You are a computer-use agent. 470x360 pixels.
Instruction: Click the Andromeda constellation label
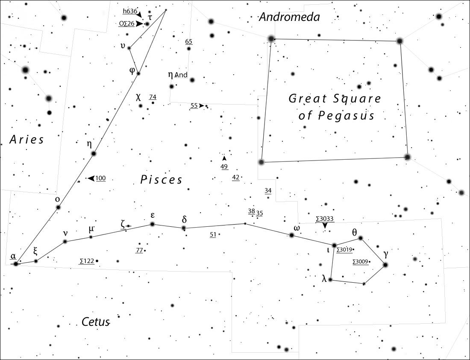pos(290,17)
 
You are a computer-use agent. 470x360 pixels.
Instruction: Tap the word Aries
pos(26,140)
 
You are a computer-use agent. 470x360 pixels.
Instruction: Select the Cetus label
pos(96,322)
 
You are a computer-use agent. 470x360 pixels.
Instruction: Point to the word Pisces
pos(161,180)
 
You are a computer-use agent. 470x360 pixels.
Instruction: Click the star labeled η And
pos(172,87)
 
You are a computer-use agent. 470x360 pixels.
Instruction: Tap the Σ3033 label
pos(325,219)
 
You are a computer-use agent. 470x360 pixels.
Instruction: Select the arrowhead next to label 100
pos(91,178)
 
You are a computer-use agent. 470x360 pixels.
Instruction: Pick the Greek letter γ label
pos(386,254)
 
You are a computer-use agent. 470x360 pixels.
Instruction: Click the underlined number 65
pos(188,41)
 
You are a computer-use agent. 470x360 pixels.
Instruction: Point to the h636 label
pos(130,11)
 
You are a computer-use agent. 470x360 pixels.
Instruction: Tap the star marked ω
pos(292,235)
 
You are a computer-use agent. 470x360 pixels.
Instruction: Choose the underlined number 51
pos(213,234)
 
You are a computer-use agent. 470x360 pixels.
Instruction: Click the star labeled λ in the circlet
pos(330,280)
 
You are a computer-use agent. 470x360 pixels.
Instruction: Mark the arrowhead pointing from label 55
pos(202,105)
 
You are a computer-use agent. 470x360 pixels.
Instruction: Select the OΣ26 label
pos(126,23)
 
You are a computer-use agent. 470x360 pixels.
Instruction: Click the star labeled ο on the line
pos(59,207)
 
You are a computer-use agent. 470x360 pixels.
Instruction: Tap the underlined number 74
pos(153,97)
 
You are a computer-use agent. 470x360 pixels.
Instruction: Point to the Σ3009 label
pos(360,261)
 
